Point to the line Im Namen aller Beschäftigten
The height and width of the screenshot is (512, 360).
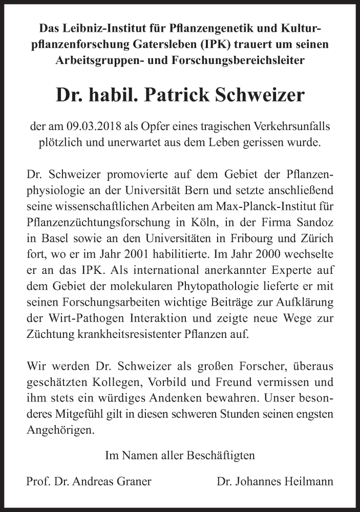click(180, 454)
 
